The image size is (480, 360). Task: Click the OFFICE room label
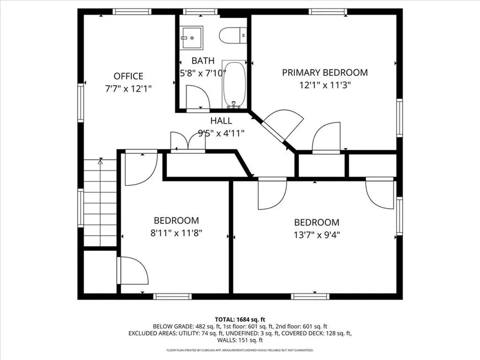coord(128,76)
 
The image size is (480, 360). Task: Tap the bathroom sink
coord(192,37)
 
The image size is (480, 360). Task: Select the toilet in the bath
coord(233,34)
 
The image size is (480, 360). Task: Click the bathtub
coord(234,84)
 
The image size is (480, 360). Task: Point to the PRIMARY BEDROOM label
coord(324,72)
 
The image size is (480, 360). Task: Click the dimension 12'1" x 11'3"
coord(325,85)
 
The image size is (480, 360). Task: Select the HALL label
coord(221,120)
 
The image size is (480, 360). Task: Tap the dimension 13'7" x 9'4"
coord(316,235)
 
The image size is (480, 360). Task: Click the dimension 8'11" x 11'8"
coord(176,232)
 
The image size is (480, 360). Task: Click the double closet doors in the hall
coord(187,142)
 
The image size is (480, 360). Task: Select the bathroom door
coord(196,98)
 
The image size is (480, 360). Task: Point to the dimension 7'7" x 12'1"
coord(128,88)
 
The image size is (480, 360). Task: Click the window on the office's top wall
coord(126,12)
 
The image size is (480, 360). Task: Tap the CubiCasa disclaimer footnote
coord(240,350)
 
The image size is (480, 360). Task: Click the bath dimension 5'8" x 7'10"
coord(203,73)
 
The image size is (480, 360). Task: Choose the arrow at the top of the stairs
coord(100,162)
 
